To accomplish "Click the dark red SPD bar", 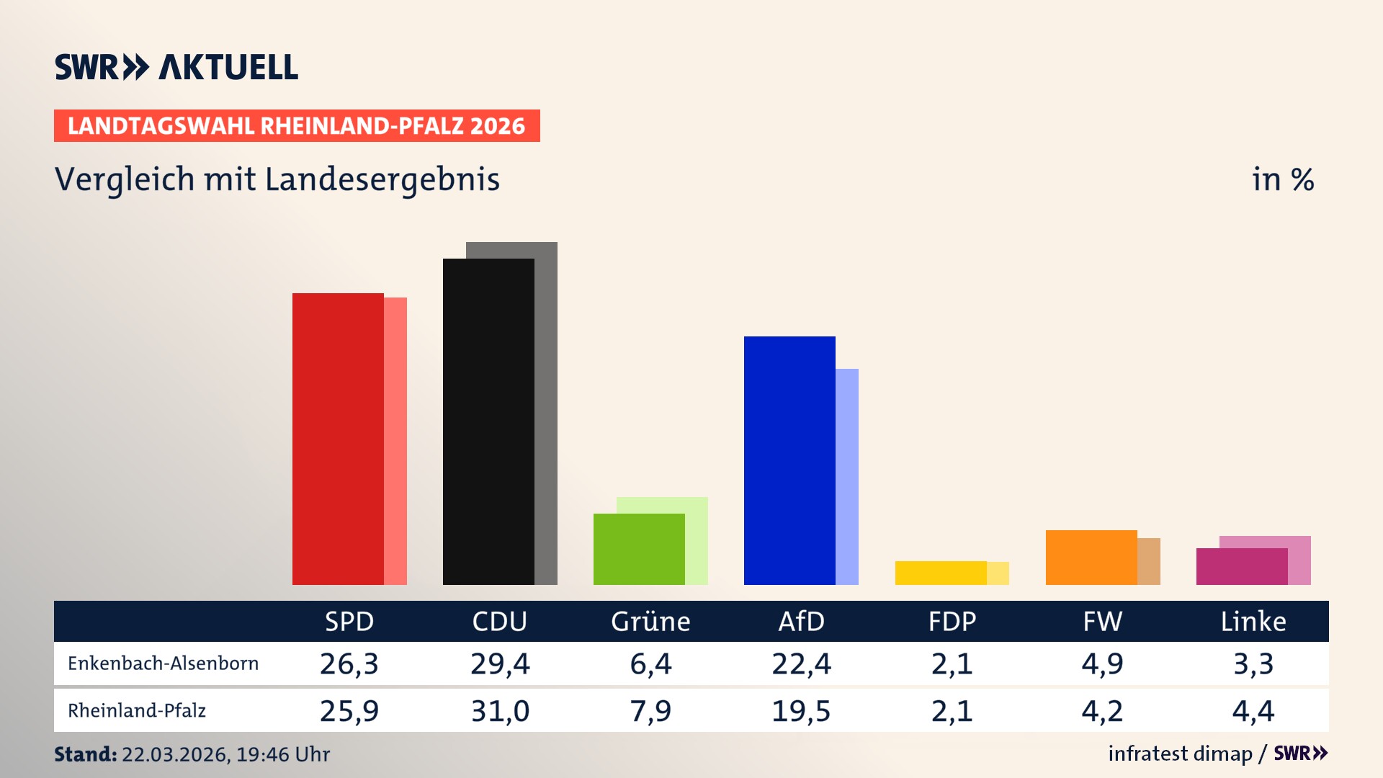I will [x=338, y=439].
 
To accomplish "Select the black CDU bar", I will [x=488, y=421].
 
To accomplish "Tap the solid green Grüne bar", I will [x=639, y=549].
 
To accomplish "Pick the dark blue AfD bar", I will [x=789, y=460].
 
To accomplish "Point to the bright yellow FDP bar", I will [x=941, y=573].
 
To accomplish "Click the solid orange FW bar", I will [x=1091, y=558].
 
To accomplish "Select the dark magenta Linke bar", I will [x=1242, y=566].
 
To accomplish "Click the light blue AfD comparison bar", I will [x=847, y=476].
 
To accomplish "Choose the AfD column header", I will [x=801, y=621].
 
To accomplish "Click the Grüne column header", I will [x=650, y=621].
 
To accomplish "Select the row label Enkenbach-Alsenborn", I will [x=164, y=663].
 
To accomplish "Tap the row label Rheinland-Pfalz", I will [x=137, y=711].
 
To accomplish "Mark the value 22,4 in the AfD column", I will [x=801, y=663].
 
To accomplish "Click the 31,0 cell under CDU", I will [x=500, y=711].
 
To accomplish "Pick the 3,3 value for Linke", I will [x=1253, y=663].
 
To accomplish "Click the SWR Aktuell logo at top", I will [x=176, y=67].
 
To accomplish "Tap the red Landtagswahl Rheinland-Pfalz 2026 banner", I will [x=297, y=126].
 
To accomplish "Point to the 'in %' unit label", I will [x=1283, y=179].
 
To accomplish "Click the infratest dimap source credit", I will [x=1180, y=754].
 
